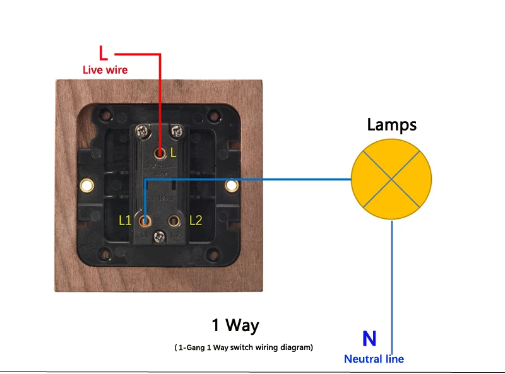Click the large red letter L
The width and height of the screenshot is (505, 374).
104,52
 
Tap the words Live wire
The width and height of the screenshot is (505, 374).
105,70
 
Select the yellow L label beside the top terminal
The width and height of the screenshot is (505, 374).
174,152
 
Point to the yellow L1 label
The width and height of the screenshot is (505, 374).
125,220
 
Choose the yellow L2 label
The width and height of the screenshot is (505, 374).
196,220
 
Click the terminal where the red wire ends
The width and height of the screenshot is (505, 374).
161,152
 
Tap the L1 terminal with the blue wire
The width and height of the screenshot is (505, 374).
146,221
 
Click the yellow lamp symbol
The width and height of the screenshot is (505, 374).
391,179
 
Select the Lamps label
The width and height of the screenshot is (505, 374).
392,125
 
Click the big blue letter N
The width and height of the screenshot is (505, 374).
369,339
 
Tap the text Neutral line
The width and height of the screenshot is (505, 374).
374,359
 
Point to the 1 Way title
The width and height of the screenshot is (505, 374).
235,325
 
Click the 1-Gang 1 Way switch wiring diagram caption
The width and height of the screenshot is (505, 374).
244,348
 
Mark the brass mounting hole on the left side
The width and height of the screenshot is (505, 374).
86,185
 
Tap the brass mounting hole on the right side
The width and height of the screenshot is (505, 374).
232,185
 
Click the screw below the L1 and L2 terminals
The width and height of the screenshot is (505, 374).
160,236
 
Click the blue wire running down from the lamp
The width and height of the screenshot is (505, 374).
393,284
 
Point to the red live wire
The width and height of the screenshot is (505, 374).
160,95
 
